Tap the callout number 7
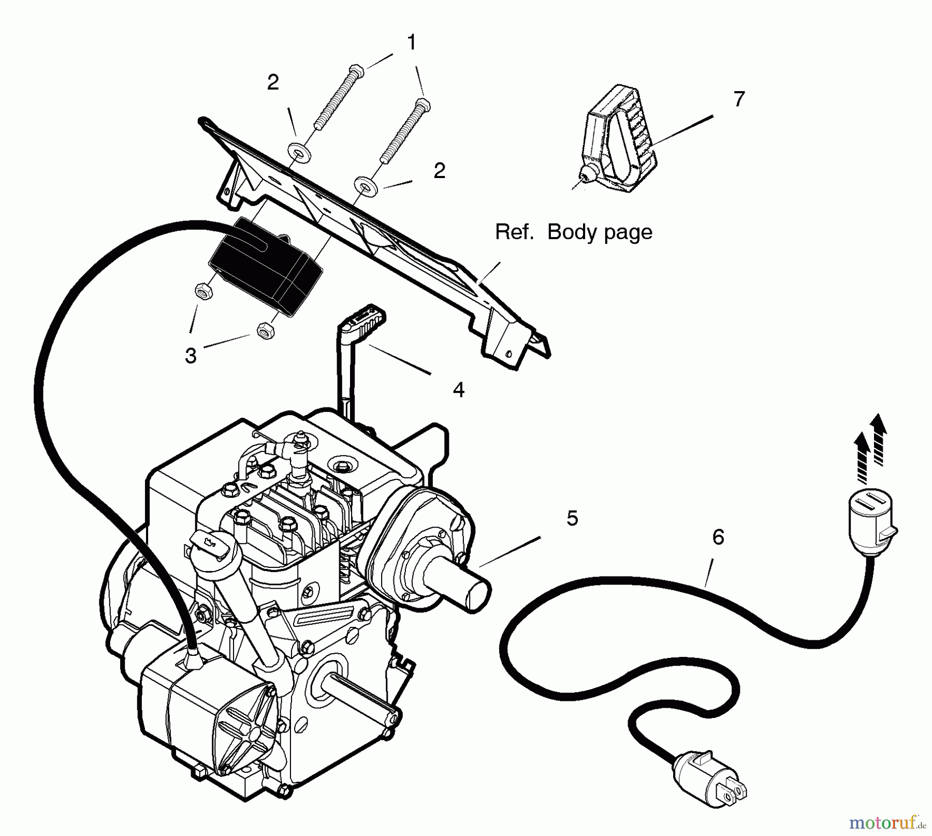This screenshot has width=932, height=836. pyautogui.click(x=739, y=99)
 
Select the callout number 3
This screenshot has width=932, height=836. pyautogui.click(x=191, y=356)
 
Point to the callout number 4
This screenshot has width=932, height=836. pyautogui.click(x=458, y=390)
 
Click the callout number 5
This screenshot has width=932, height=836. pyautogui.click(x=572, y=518)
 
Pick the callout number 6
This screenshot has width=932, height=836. pyautogui.click(x=718, y=538)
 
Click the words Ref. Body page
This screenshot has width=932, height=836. pyautogui.click(x=573, y=232)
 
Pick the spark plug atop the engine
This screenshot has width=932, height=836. pyautogui.click(x=298, y=456)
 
